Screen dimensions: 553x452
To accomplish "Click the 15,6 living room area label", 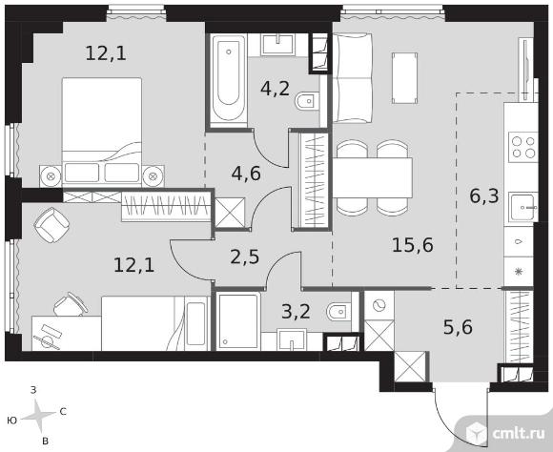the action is [412, 244].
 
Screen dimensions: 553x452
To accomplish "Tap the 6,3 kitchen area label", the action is [484, 195].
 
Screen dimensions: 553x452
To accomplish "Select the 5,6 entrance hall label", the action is [458, 327].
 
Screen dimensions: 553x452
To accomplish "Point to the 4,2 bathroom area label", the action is [276, 89].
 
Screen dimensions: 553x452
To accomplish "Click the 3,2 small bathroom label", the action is [296, 311].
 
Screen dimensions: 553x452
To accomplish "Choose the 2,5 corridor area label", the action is [245, 257].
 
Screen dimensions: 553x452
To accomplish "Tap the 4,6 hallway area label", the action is [246, 174].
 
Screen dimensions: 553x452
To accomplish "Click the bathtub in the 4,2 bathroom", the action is [228, 80].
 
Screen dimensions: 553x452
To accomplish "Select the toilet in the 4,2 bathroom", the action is [307, 102].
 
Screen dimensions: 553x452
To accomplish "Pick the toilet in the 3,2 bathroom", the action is [339, 312].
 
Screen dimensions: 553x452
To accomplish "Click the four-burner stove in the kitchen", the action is [523, 147].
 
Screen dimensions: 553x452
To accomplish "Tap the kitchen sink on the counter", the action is [523, 208].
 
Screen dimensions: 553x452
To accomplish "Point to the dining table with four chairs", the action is [373, 177].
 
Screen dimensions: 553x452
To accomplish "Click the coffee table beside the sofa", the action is [404, 78].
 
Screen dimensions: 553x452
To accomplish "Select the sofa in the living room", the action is [353, 78].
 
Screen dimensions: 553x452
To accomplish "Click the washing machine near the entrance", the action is [379, 305].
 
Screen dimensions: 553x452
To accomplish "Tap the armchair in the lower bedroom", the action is [51, 225].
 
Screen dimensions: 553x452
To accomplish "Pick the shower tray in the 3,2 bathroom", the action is [238, 321].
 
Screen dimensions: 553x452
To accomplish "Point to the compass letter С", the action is [63, 411].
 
